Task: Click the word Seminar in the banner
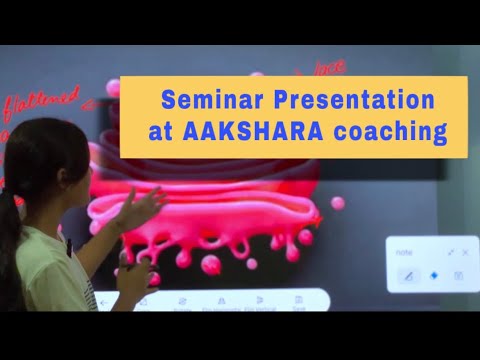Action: (x=203, y=102)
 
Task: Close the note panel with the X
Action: (x=465, y=252)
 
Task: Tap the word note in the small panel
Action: (x=403, y=252)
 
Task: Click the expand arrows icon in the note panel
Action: (x=450, y=252)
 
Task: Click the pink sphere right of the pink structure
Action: (x=338, y=203)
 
